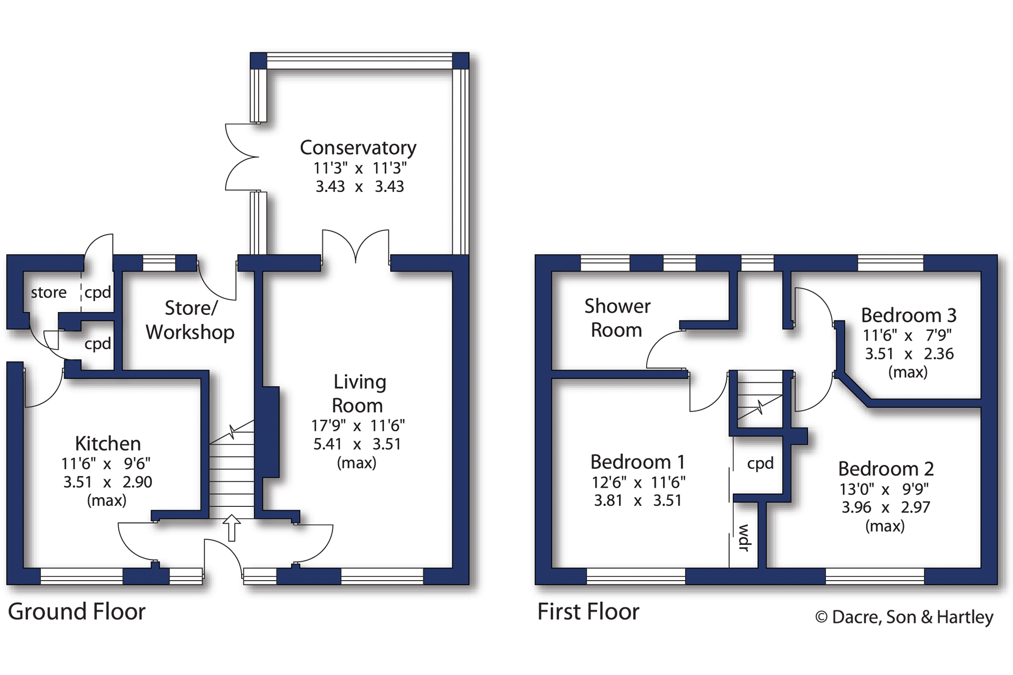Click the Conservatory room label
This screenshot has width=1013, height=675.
click(358, 148)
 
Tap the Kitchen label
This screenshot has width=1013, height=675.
click(108, 443)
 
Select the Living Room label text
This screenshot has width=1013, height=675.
click(359, 393)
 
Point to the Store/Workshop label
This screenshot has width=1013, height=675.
click(190, 320)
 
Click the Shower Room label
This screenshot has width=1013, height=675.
click(617, 318)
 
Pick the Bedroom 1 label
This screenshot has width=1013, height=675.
click(638, 462)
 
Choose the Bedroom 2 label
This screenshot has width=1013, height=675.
click(885, 469)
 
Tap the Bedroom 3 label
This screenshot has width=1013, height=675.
click(909, 315)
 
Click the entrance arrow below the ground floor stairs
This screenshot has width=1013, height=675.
click(232, 527)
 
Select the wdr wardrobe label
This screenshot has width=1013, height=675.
click(744, 538)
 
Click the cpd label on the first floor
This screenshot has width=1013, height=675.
click(760, 463)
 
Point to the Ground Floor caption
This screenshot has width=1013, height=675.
click(77, 611)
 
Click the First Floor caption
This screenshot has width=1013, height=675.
click(588, 611)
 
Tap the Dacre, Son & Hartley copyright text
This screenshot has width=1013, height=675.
click(904, 617)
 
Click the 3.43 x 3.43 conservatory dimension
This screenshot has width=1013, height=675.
click(360, 186)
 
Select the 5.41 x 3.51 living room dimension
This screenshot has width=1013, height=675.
click(357, 444)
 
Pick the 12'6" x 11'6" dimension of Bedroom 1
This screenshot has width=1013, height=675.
click(638, 483)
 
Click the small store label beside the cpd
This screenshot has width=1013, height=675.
click(49, 292)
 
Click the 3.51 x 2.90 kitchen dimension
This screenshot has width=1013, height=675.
click(108, 482)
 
